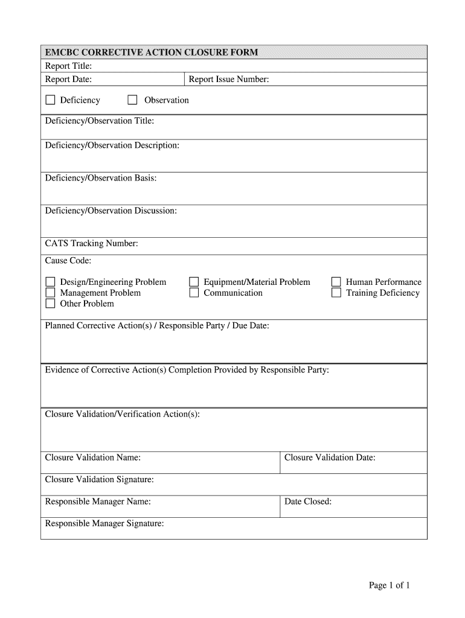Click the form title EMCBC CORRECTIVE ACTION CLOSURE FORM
[152, 53]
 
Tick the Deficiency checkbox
[50, 100]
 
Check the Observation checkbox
[132, 100]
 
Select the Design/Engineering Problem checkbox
[50, 282]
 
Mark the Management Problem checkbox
[50, 293]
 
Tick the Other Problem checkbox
[50, 304]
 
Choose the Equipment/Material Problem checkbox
[194, 282]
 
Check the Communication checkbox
[194, 293]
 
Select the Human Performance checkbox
[336, 282]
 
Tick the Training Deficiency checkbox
[336, 293]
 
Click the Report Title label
[68, 66]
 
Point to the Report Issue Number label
[229, 79]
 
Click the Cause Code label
[68, 261]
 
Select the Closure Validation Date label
[330, 457]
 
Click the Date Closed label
[308, 502]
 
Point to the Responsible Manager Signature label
[104, 523]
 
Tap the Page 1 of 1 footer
[390, 585]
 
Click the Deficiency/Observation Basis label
[101, 178]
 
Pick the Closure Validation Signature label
[100, 479]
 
